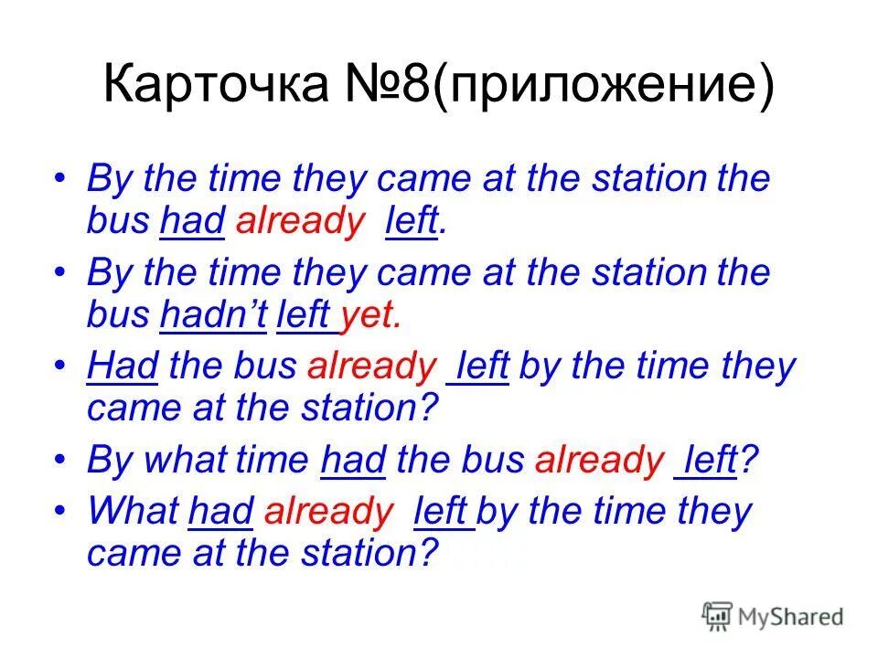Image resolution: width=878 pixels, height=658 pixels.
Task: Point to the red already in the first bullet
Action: tap(299, 222)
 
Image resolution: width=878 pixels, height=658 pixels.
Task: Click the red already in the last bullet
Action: tap(327, 512)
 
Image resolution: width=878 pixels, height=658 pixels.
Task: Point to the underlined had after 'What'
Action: tap(220, 511)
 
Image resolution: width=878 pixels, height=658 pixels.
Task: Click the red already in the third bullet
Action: tap(371, 366)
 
